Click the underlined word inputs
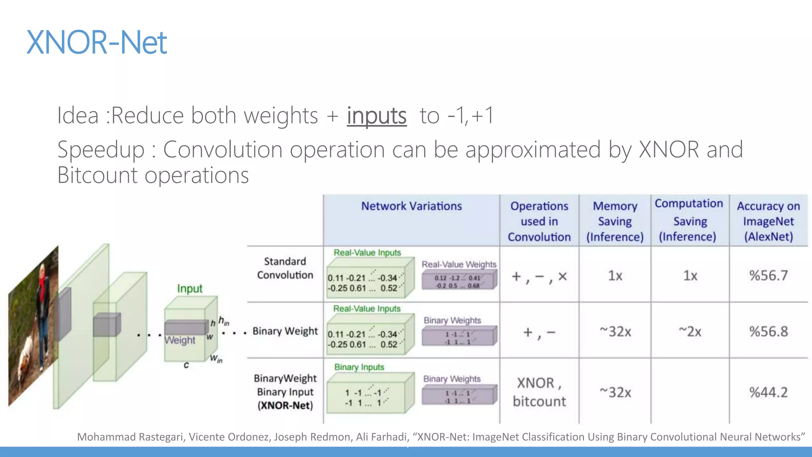[x=377, y=115]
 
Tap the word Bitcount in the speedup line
[x=99, y=175]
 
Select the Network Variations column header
[x=411, y=206]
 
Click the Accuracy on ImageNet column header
[x=768, y=221]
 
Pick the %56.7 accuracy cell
[x=768, y=275]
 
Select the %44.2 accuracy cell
[x=768, y=392]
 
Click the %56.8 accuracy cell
[x=768, y=331]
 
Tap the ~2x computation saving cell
[x=690, y=331]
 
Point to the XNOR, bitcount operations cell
[x=539, y=392]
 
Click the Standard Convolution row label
[x=285, y=268]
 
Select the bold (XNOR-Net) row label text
[x=285, y=405]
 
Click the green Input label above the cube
[x=190, y=288]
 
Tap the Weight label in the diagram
[x=180, y=340]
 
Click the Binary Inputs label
[x=359, y=367]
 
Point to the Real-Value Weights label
[x=459, y=264]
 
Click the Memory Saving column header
[x=615, y=221]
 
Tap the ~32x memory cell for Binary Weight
[x=615, y=331]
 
